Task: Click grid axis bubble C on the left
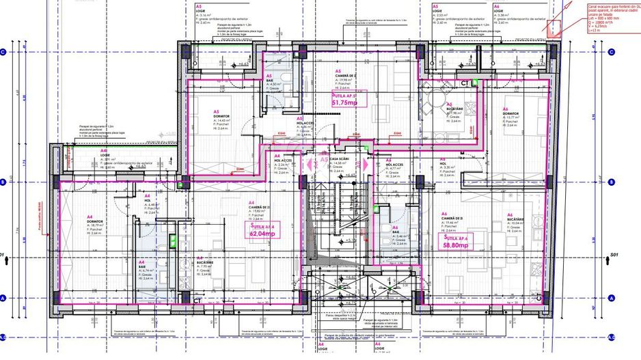pyautogui.click(x=3, y=52)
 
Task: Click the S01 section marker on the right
pyautogui.click(x=613, y=257)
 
